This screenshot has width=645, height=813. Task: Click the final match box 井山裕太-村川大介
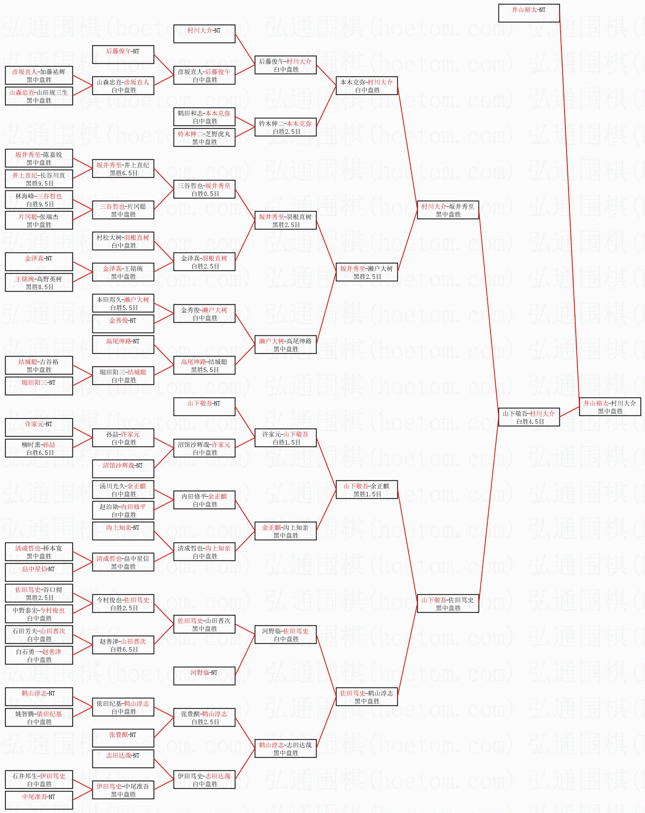tap(610, 407)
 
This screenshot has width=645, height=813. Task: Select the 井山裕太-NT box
tap(529, 13)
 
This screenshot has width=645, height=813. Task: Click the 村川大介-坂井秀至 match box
tap(448, 210)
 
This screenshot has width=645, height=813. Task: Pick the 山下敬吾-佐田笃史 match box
tap(448, 603)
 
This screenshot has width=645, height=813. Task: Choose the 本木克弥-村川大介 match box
tap(366, 86)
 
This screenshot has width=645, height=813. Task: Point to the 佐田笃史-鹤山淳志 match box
tap(366, 697)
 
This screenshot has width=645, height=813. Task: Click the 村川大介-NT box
tap(204, 34)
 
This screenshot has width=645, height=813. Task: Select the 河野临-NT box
tap(204, 676)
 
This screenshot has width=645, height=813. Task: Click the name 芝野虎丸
tap(217, 134)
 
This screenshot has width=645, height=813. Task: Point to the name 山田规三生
tap(53, 93)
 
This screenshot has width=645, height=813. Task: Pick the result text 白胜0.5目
tap(205, 194)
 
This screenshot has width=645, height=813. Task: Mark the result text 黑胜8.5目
tap(39, 287)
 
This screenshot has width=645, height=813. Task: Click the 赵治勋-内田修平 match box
tap(123, 510)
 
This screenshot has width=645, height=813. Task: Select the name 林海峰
tap(25, 196)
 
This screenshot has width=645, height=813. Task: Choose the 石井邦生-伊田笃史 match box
tap(39, 780)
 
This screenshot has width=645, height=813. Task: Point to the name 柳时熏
tap(30, 445)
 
